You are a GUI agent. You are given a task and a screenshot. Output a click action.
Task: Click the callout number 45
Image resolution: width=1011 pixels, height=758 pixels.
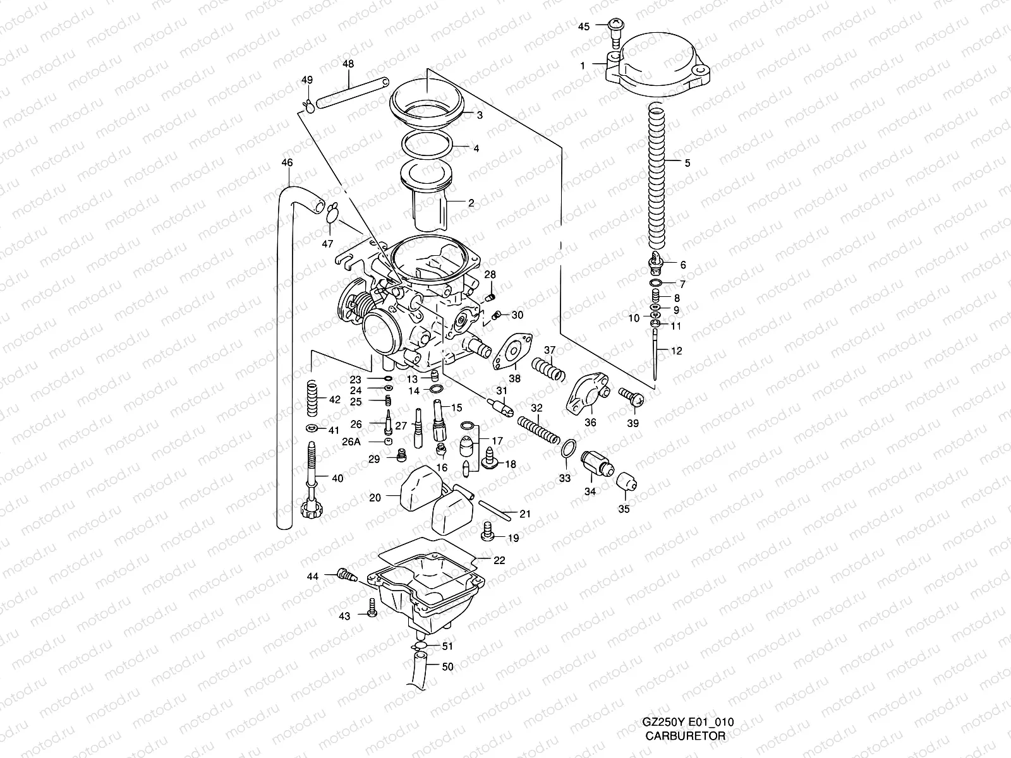(584, 26)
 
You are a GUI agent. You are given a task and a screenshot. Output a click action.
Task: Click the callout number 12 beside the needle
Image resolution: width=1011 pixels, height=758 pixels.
(676, 350)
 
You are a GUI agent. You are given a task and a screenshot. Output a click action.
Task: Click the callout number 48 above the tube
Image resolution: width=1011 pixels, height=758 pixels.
(348, 64)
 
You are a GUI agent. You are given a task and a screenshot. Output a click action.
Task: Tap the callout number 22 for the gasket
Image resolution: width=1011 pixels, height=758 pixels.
(499, 560)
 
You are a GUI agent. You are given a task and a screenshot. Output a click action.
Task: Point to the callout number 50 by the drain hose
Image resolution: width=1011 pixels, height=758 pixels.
(447, 666)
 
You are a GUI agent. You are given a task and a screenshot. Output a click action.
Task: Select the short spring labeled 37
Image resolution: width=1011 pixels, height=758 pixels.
(548, 369)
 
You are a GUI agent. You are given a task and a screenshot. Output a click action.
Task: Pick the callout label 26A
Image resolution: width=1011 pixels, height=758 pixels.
(352, 442)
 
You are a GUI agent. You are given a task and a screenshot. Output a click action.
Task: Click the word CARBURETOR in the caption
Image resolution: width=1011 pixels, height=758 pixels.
(685, 735)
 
